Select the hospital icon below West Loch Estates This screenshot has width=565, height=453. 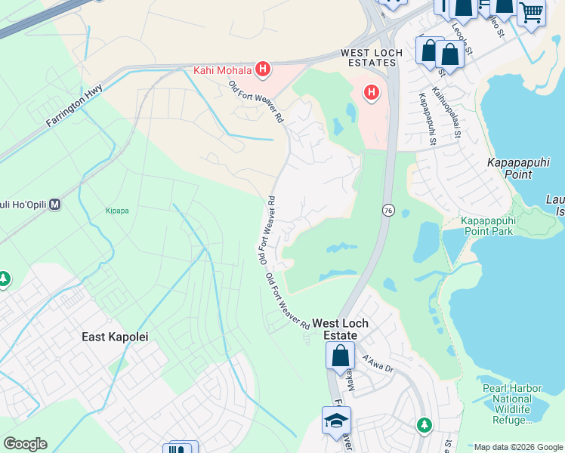point(371,93)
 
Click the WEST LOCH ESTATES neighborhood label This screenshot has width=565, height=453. point(369,59)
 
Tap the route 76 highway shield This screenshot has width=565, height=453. point(387,209)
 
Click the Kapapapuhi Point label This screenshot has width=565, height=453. point(519,168)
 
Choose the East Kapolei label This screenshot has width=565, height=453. point(115,337)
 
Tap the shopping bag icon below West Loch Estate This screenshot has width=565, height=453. point(340,355)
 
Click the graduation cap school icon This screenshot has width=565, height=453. point(336,421)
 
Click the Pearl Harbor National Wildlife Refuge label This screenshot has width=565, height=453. point(511,404)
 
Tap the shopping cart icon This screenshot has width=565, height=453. point(532,13)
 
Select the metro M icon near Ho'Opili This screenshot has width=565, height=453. point(55,205)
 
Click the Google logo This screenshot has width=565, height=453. point(25,444)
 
